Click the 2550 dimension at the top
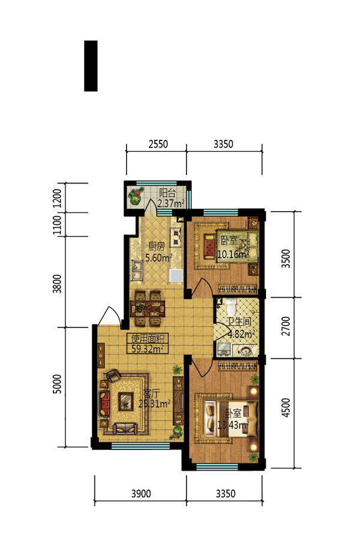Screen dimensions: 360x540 (x=158, y=143)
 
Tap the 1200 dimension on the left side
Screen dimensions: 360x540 (x=58, y=197)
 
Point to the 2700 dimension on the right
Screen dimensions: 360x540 (x=286, y=326)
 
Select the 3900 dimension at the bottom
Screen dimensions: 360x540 (x=141, y=494)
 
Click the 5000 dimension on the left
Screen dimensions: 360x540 (x=58, y=384)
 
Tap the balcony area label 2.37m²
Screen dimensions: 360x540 (x=170, y=203)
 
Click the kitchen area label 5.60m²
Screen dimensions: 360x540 (x=158, y=257)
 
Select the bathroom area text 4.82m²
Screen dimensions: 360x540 (x=241, y=334)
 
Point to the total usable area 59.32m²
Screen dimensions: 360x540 (x=148, y=348)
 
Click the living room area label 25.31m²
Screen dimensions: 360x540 (x=154, y=403)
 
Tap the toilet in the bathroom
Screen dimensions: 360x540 (x=230, y=306)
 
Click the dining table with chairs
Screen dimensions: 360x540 (x=148, y=308)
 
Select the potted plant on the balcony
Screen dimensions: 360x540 (x=136, y=196)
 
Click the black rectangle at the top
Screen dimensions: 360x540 (x=91, y=66)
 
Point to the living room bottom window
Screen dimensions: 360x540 (x=140, y=446)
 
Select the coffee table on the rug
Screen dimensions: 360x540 (x=125, y=401)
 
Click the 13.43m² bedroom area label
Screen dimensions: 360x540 (x=233, y=425)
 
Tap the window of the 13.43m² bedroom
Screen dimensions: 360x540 (x=217, y=467)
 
